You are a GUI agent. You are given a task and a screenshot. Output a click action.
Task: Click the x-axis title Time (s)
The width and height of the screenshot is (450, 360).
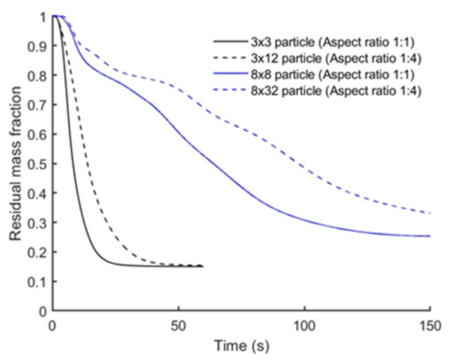coord(241,347)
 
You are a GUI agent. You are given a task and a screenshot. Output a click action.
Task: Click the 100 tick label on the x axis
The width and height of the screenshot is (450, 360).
coord(304,326)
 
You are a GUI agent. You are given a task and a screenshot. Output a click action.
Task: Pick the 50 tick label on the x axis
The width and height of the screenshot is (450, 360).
coord(178,326)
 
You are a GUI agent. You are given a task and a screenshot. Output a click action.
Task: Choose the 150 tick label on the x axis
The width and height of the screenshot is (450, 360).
coord(429,326)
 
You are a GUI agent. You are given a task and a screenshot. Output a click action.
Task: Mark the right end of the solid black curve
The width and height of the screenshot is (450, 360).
coord(203,266)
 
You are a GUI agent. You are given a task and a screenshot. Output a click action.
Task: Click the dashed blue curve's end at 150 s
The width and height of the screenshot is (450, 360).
coord(429,213)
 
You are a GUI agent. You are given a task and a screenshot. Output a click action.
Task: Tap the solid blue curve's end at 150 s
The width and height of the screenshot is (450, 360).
coord(429,236)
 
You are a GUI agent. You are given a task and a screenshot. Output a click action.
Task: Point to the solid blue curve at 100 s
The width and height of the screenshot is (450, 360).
coord(304,220)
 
